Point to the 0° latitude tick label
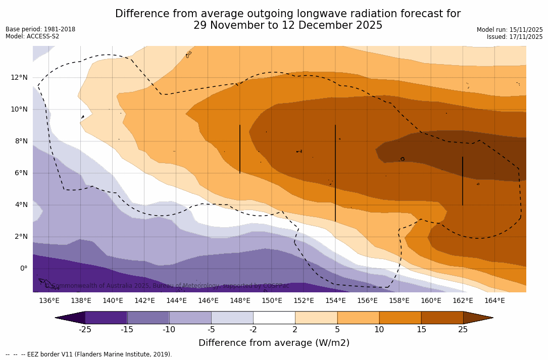[23, 268]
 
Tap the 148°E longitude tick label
[240, 301]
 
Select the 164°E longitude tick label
[494, 301]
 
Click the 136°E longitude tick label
[49, 301]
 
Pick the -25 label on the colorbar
[85, 330]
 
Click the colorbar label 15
[421, 330]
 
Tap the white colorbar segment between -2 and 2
[274, 318]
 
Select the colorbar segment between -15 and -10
[148, 318]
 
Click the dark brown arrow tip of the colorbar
[477, 318]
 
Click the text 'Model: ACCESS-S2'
[32, 36]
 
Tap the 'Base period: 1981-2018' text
[40, 29]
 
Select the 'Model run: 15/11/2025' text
[510, 30]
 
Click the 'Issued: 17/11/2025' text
[515, 37]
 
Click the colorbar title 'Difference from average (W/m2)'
[274, 343]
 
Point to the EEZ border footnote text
[89, 354]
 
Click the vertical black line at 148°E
[240, 149]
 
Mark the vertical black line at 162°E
[463, 181]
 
